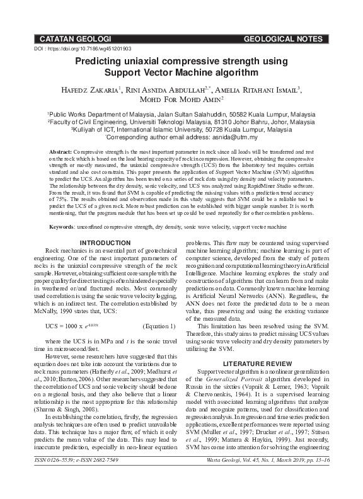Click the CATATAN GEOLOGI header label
click(x=75, y=40)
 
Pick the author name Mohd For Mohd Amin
click(x=181, y=100)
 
